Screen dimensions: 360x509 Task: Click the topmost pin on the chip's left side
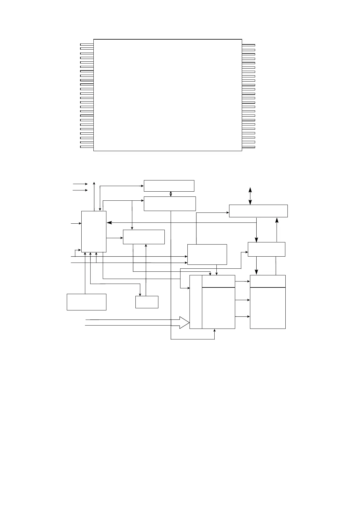tap(87, 44)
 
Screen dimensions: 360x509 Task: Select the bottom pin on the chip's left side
tap(87, 147)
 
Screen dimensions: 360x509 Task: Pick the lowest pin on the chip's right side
tap(248, 147)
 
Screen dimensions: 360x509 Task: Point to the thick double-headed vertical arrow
tap(250, 196)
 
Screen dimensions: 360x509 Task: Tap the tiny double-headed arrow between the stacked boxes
tap(171, 194)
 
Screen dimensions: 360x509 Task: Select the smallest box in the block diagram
tap(147, 302)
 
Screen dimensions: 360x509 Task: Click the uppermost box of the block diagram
tap(169, 186)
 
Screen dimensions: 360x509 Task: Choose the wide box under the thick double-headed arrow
tap(258, 211)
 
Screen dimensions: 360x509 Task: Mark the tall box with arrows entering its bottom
tap(94, 231)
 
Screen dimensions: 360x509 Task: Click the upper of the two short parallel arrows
tap(80, 184)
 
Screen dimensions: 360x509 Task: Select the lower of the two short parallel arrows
tap(80, 190)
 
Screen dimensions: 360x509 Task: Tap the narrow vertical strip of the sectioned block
tap(196, 302)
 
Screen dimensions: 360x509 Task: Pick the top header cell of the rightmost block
tap(268, 281)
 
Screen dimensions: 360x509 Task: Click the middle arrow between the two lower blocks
tap(242, 300)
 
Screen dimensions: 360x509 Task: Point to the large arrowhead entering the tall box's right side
tap(109, 223)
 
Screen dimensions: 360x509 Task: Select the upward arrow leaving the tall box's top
tap(94, 196)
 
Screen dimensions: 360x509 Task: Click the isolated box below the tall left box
tap(86, 302)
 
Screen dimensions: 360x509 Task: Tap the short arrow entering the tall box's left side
tap(76, 223)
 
